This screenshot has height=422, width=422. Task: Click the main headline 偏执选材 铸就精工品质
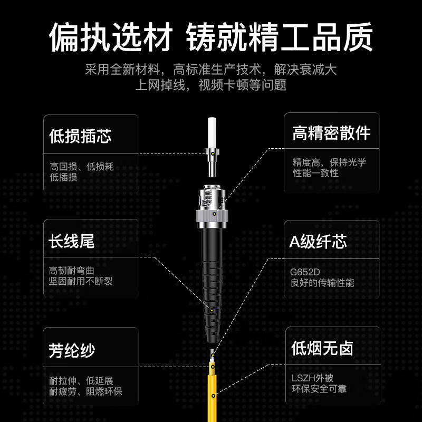210,37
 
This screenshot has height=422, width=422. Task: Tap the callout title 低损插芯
80,136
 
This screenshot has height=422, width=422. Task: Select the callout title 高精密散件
331,133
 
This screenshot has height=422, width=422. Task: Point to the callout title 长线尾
71,241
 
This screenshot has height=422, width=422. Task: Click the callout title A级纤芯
318,242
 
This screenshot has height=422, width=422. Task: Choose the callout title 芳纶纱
72,350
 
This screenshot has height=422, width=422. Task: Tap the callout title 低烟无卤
322,348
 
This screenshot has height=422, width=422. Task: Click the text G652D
305,272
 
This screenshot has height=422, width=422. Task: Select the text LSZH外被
312,378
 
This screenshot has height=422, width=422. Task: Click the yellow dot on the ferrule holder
213,154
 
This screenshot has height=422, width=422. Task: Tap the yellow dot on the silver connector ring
214,214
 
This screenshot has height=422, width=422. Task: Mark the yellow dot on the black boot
212,310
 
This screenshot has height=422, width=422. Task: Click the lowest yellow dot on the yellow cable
213,396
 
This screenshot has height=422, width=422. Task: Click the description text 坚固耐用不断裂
81,281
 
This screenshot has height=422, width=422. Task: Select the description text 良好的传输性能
322,283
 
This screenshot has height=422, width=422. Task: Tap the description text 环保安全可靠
319,389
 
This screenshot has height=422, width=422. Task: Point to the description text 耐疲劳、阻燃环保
85,391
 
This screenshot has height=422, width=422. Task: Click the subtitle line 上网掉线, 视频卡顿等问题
210,85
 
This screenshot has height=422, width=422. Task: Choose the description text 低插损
63,177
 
